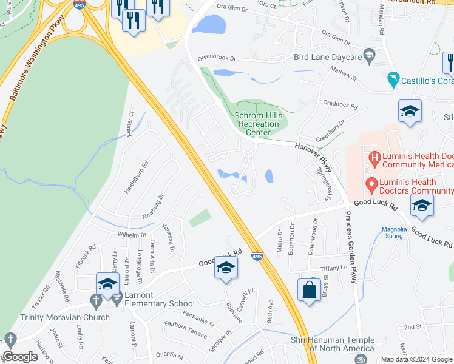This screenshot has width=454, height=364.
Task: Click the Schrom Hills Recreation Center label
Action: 257,124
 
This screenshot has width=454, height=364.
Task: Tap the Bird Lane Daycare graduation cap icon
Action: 369,57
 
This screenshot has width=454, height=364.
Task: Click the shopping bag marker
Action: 309,289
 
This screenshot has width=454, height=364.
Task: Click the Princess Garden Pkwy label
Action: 350,247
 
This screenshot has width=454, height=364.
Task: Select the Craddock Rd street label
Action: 340,104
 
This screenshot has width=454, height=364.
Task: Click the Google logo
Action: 21,357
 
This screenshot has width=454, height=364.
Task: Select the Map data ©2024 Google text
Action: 416,360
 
